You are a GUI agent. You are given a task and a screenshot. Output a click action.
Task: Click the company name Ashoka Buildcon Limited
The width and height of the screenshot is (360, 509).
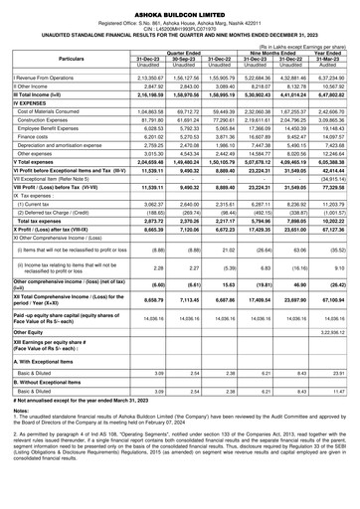(x=179, y=7)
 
